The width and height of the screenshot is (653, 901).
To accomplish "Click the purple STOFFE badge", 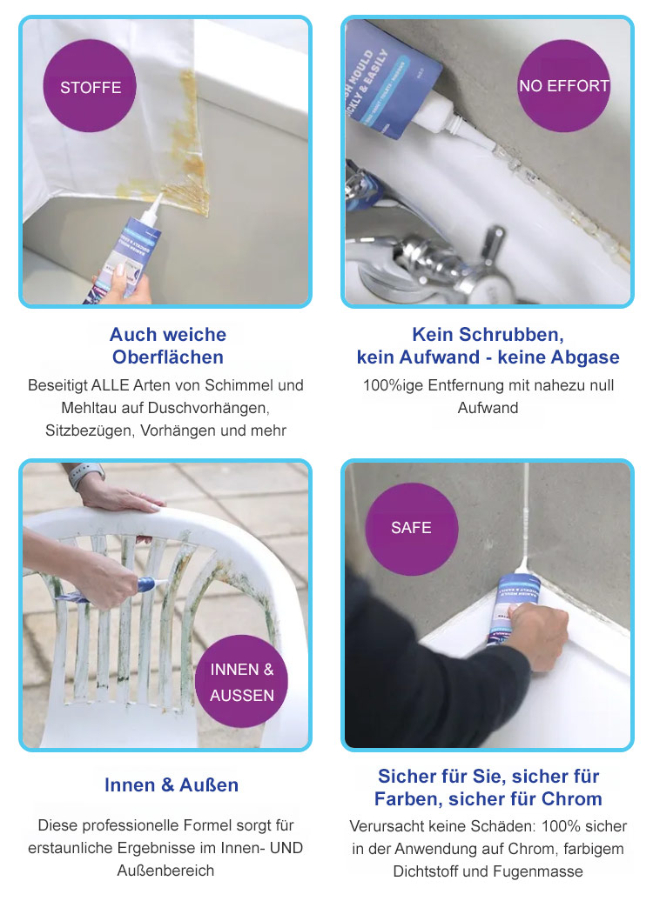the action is tap(90, 86).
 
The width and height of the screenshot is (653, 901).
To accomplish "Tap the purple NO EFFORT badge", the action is tap(564, 85).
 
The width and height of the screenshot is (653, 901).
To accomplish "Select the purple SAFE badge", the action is tap(412, 529).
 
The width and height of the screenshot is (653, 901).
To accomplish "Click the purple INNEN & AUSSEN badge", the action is tap(242, 682).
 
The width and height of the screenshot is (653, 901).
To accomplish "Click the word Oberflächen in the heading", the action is tap(168, 357).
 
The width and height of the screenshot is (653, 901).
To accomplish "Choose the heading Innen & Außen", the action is tap(172, 785).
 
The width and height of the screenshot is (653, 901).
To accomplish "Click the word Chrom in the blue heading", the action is tap(572, 798).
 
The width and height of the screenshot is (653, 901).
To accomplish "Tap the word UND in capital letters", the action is tap(286, 848).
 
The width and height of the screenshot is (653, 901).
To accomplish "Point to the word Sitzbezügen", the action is tap(91, 431).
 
